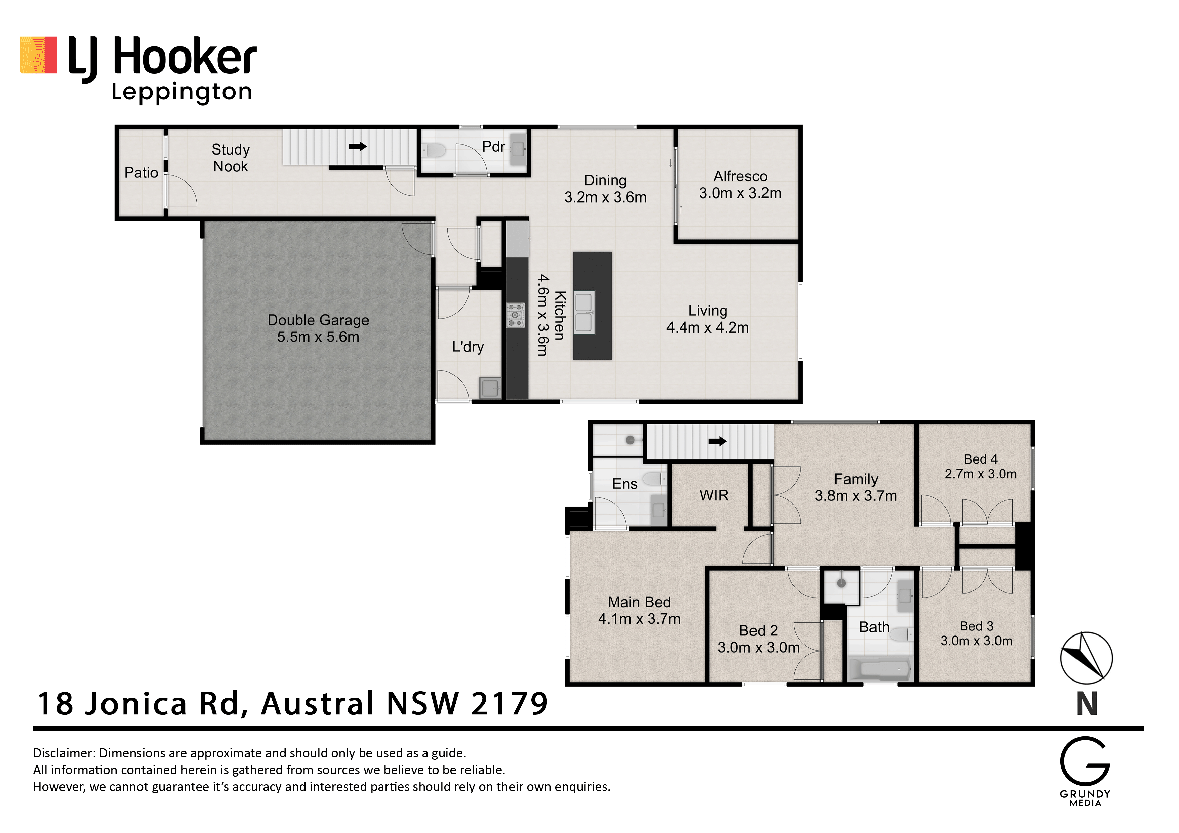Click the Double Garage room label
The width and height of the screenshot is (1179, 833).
click(318, 320)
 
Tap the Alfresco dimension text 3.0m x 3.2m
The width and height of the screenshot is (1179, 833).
click(740, 193)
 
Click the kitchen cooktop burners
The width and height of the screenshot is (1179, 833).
click(516, 315)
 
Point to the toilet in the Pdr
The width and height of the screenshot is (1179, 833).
click(435, 151)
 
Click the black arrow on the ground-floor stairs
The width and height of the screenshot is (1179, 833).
click(358, 147)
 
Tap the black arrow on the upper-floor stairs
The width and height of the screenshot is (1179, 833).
click(717, 441)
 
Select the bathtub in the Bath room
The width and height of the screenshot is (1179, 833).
click(880, 669)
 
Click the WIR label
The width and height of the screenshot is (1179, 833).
click(714, 495)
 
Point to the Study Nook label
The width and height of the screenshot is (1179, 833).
click(231, 158)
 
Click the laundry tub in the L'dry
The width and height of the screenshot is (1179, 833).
click(490, 388)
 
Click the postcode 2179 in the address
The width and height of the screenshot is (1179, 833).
click(510, 704)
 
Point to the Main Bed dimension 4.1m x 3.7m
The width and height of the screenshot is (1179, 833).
click(639, 619)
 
